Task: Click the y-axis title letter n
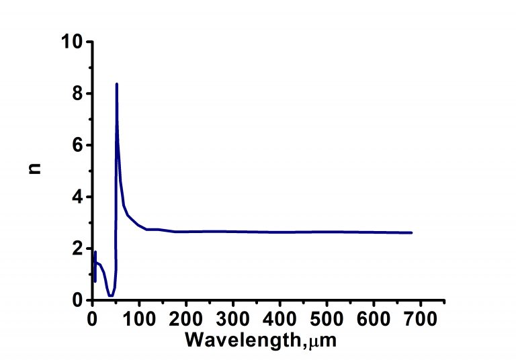coord(36,170)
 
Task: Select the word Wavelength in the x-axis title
coord(243,340)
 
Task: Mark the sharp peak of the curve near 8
coord(117,84)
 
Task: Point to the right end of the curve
coord(411,232)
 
